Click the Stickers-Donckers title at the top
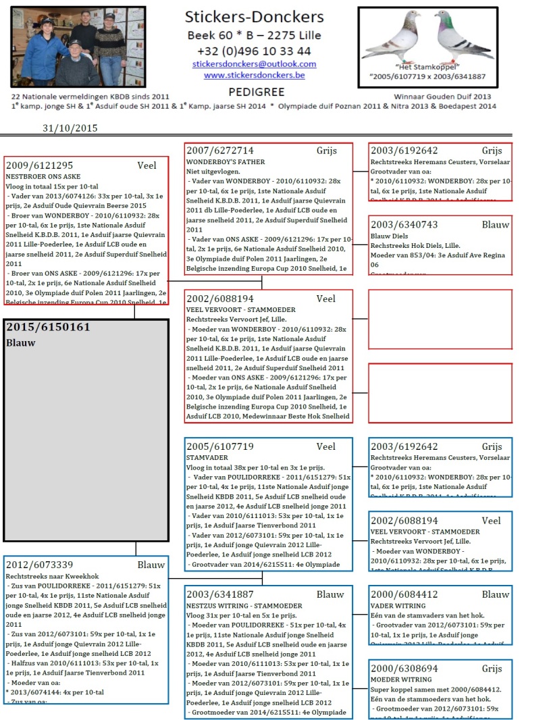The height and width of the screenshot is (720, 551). pyautogui.click(x=254, y=18)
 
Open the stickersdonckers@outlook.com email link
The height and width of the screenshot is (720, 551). pyautogui.click(x=254, y=64)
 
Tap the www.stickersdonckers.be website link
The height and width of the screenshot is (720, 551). pyautogui.click(x=254, y=75)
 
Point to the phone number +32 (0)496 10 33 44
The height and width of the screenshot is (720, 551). pyautogui.click(x=254, y=51)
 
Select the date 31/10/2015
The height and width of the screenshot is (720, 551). pyautogui.click(x=70, y=128)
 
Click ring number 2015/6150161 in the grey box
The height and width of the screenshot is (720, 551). pyautogui.click(x=48, y=327)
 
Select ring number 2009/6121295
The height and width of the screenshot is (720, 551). pyautogui.click(x=39, y=165)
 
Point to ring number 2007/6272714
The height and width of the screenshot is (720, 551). pyautogui.click(x=220, y=151)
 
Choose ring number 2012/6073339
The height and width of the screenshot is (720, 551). pyautogui.click(x=39, y=565)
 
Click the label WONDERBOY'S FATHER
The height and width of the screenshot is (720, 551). pyautogui.click(x=226, y=162)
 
